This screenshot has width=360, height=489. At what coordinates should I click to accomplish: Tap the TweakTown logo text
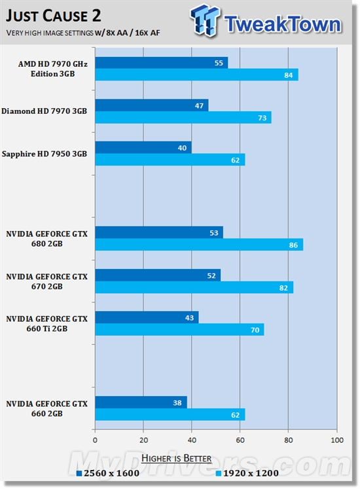point(281,24)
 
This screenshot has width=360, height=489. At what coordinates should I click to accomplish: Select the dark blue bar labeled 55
point(162,63)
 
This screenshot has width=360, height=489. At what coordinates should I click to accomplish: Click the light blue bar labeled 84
point(196,75)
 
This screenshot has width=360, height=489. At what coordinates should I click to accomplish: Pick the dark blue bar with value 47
point(152,105)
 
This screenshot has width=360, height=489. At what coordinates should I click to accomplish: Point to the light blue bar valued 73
point(183,117)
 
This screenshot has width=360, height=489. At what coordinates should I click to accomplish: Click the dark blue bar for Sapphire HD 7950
point(143,147)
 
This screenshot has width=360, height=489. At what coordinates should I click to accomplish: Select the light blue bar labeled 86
point(199,245)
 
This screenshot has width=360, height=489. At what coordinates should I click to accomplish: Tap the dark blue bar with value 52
point(158,275)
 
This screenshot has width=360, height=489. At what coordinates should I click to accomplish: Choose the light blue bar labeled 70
point(179,329)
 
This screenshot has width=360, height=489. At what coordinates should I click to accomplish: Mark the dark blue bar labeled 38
point(141,402)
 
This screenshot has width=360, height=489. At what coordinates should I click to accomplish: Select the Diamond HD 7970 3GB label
point(45,111)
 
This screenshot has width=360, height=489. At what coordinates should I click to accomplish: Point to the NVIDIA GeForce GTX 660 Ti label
point(46,323)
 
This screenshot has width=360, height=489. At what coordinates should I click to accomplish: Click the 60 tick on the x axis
point(240,439)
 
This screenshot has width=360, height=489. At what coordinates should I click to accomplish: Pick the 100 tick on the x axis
point(336,439)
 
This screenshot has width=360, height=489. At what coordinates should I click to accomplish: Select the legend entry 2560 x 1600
point(109,472)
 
